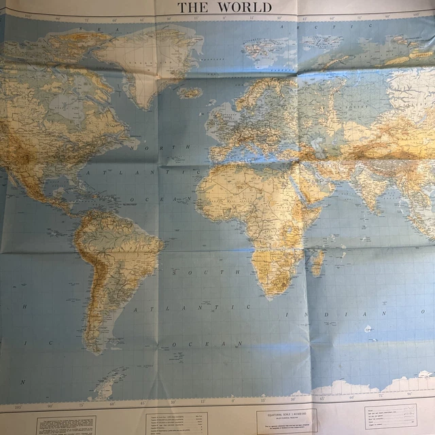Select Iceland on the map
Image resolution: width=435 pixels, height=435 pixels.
[190, 92]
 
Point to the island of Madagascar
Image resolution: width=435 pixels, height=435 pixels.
[316, 261]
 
